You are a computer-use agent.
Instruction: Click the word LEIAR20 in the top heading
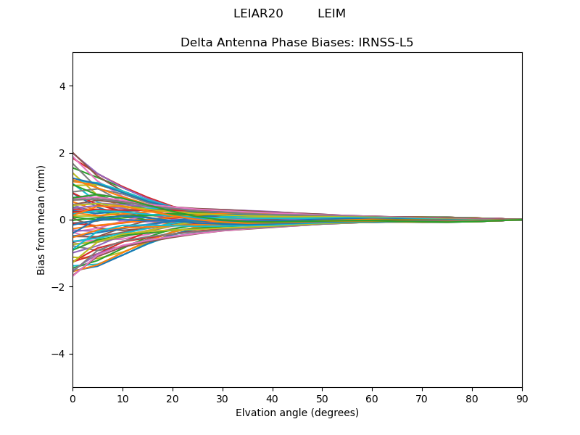click(x=258, y=14)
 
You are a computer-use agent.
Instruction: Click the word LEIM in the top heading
click(x=331, y=14)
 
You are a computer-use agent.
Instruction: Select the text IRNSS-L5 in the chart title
click(x=386, y=43)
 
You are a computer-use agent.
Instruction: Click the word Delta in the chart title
click(x=196, y=43)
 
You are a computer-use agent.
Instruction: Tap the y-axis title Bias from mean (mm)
click(x=41, y=220)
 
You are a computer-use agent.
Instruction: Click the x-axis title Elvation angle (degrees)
click(x=297, y=413)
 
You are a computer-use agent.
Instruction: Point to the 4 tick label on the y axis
click(x=62, y=86)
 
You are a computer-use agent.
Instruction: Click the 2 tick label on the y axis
click(x=62, y=153)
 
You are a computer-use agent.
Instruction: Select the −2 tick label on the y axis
click(x=59, y=287)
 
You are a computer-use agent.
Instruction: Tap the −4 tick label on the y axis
click(x=59, y=354)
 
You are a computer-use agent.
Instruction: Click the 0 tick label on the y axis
click(x=62, y=220)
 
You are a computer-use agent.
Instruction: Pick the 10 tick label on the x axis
click(x=123, y=399)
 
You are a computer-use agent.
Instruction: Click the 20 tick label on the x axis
click(x=173, y=399)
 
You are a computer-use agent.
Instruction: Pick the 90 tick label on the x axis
click(x=522, y=399)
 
